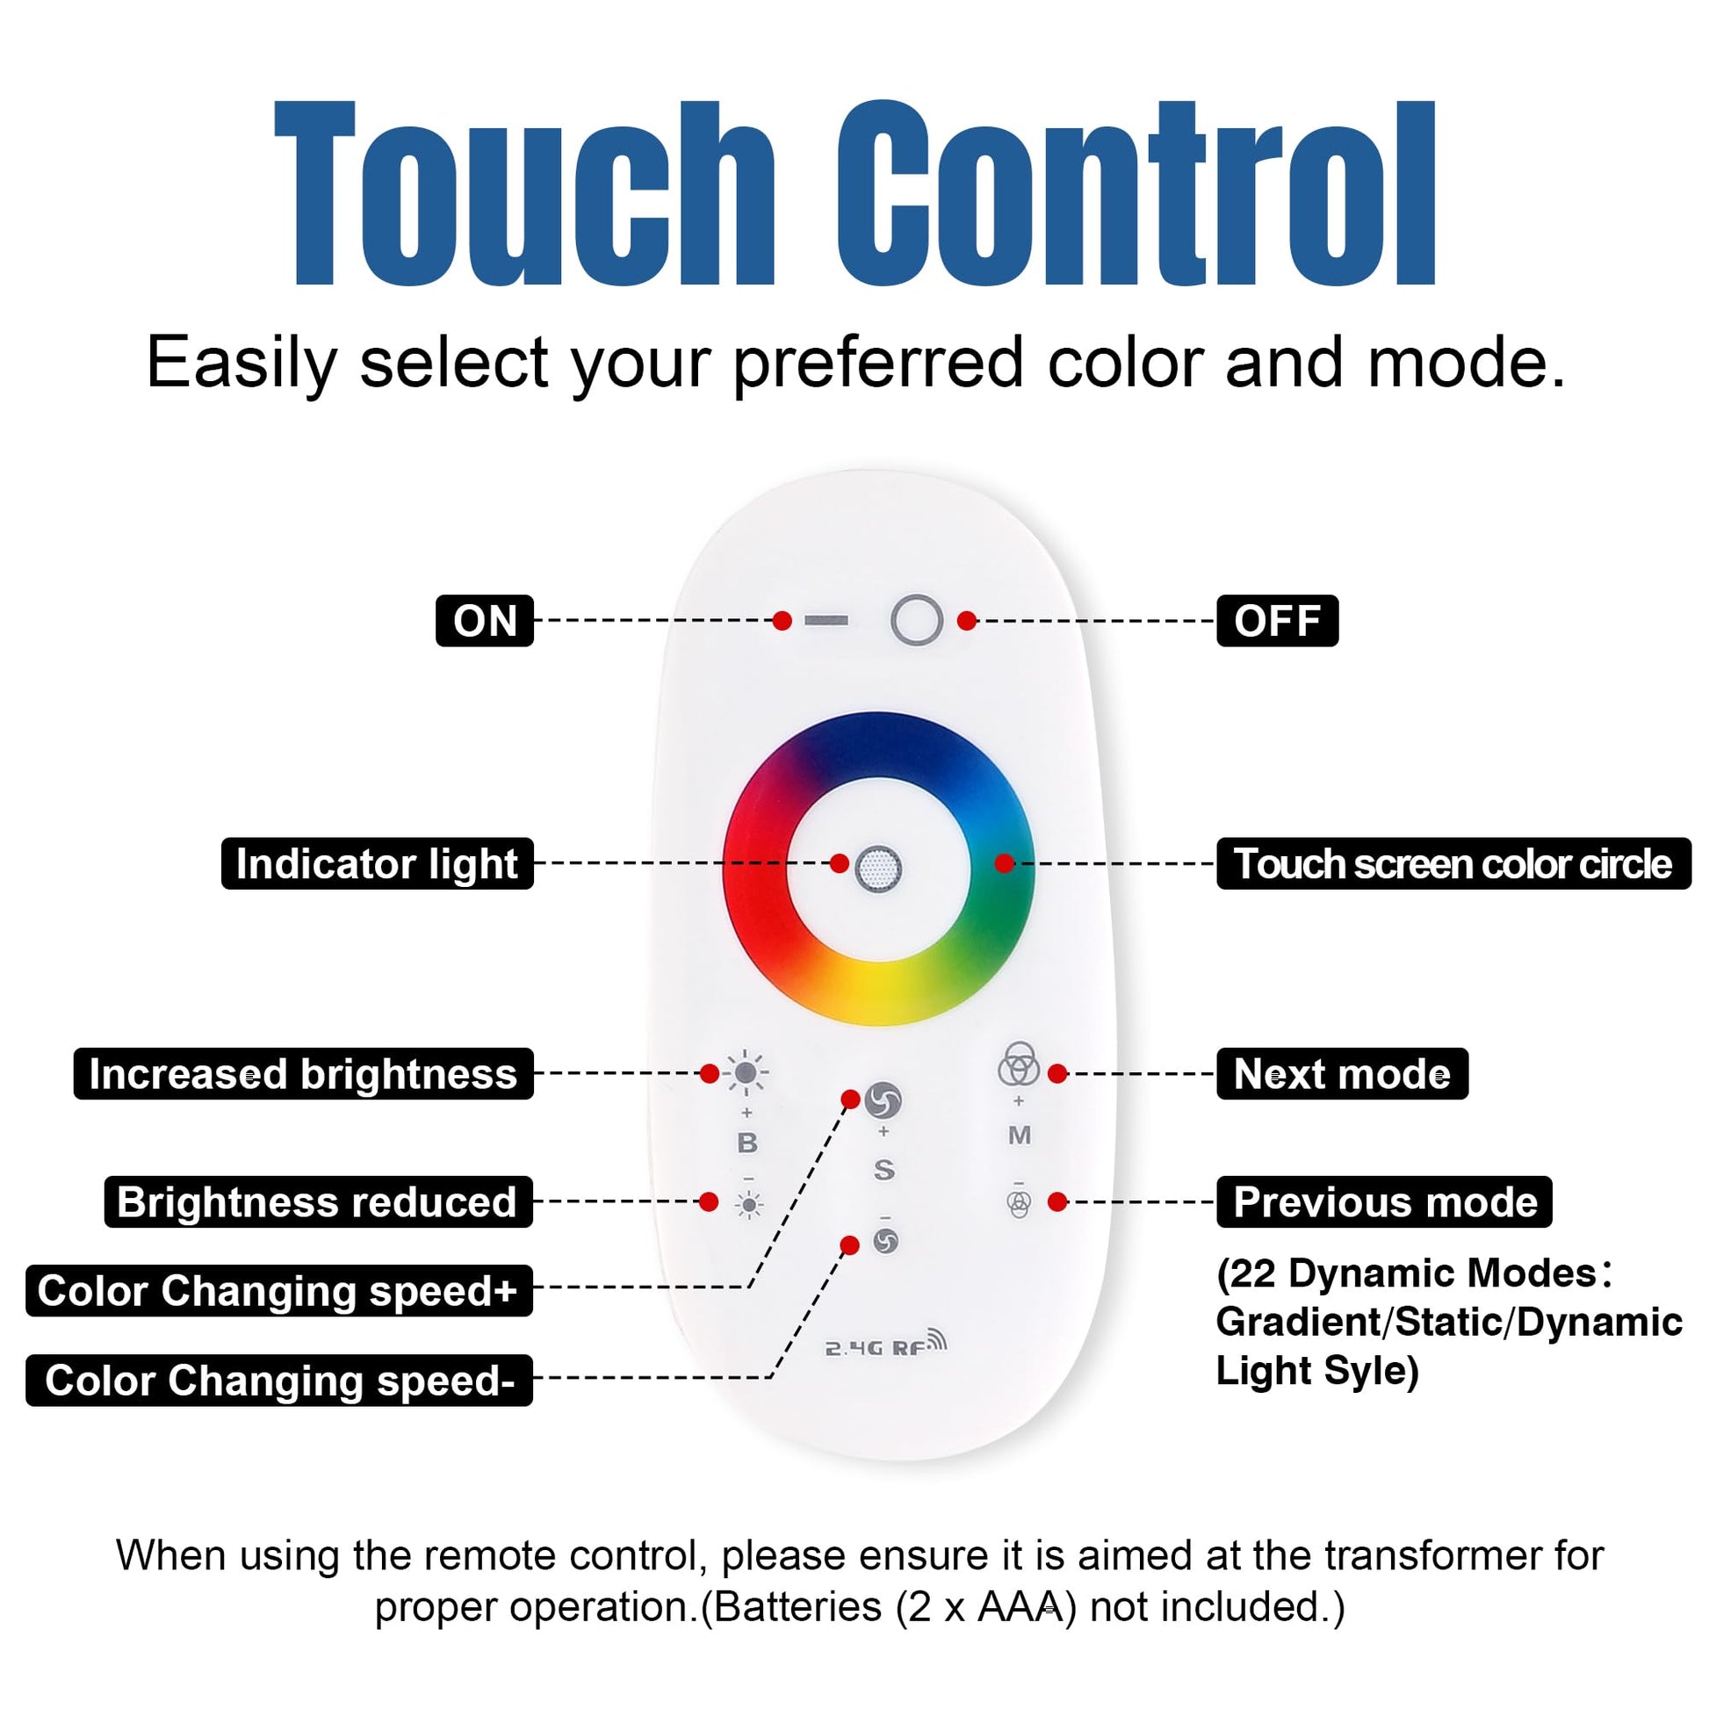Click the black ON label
485,621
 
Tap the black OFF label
1277,621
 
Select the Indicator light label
378,863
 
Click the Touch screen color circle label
1453,863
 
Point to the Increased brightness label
303,1074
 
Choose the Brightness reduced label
319,1201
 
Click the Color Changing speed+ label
279,1291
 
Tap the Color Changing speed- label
279,1380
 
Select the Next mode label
1342,1074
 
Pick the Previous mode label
1384,1201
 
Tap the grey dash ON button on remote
826,621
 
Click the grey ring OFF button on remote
917,620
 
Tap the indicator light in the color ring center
878,869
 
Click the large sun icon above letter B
746,1073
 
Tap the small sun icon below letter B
749,1204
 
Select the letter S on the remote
883,1170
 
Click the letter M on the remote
1019,1135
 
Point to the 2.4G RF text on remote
885,1346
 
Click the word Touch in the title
525,195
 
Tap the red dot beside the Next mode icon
1057,1074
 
